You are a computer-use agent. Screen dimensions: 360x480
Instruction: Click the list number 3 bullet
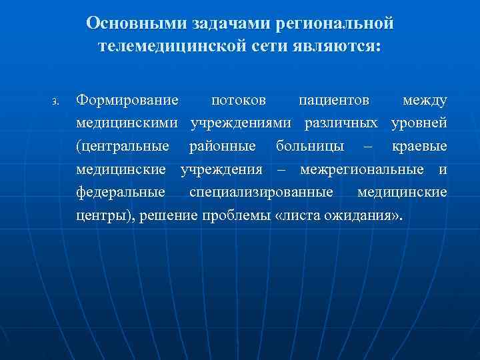[x=56, y=102]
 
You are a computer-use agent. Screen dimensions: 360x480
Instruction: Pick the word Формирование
[x=127, y=100]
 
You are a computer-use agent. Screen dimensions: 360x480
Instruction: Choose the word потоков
[x=239, y=100]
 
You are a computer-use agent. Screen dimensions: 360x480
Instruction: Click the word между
[x=425, y=100]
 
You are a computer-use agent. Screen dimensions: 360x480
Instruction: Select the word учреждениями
[x=244, y=123]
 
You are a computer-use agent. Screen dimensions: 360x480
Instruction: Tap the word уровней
[x=419, y=123]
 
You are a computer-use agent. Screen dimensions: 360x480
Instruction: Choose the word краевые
[x=420, y=146]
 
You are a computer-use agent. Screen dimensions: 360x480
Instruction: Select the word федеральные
[x=121, y=193]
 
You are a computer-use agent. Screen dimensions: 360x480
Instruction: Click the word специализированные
[x=261, y=193]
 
